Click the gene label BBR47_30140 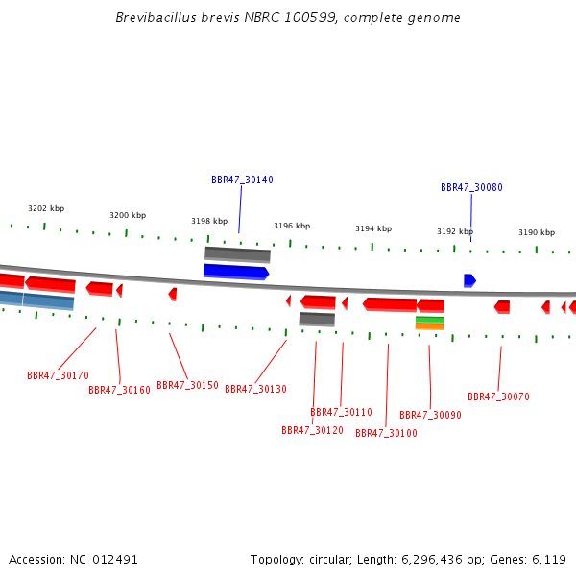click(242, 180)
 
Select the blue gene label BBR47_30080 click(471, 187)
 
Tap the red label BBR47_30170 click(58, 375)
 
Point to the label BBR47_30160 click(119, 390)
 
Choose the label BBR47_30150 click(187, 385)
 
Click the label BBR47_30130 click(255, 389)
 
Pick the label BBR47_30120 click(312, 430)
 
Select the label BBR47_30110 click(341, 412)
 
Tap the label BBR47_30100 click(386, 433)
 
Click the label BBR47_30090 click(430, 415)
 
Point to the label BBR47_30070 click(498, 396)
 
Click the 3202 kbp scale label click(46, 208)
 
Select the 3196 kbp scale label click(292, 226)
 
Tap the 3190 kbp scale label click(537, 232)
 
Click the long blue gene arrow click(235, 272)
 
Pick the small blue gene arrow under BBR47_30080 click(469, 280)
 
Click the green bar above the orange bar click(429, 319)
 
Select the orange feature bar click(429, 326)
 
